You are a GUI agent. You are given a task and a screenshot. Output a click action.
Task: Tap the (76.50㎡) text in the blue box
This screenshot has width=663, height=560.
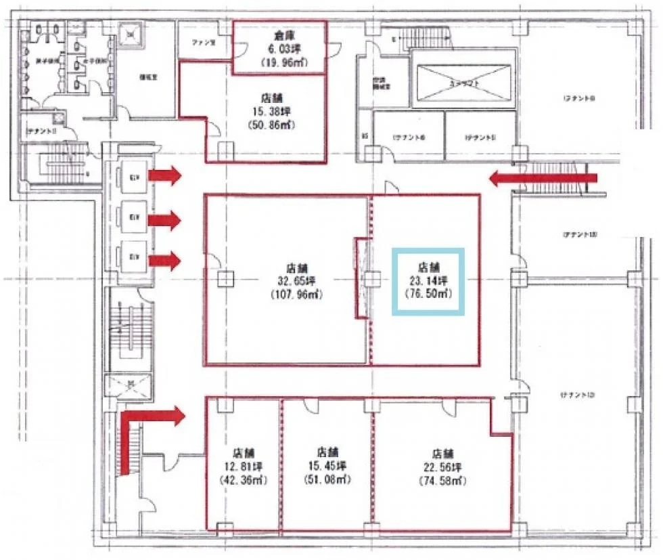coord(429,293)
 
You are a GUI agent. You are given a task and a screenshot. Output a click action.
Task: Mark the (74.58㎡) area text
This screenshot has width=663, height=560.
coord(443,481)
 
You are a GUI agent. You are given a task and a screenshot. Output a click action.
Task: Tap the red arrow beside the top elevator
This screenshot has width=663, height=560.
coord(165,177)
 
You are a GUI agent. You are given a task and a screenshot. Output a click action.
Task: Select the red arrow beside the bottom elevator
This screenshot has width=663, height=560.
coord(165,260)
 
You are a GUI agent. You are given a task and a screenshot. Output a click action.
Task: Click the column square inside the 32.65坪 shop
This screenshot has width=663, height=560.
coord(225,279)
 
